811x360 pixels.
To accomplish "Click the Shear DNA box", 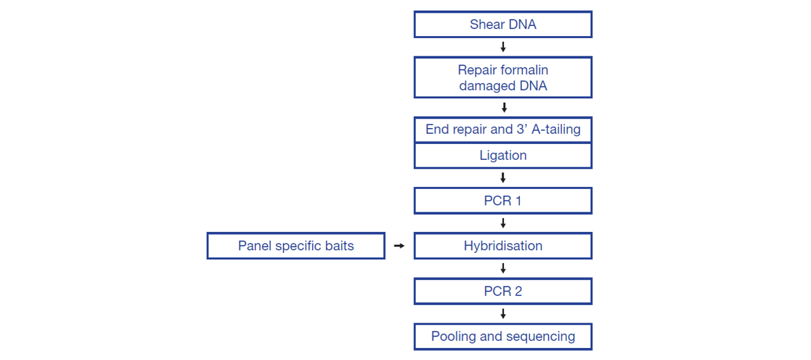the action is point(503,24).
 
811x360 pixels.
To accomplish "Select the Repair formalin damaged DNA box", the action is point(503,77).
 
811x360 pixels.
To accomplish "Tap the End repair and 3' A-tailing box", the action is point(503,129).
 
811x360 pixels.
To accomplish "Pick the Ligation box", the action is point(503,155).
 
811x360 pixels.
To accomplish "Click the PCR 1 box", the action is point(503,200).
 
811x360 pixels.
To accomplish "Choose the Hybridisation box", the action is point(503,246).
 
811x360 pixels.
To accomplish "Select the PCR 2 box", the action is point(503,291).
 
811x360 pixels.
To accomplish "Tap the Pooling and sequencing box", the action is point(503,337).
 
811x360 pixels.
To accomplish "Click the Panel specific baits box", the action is point(295,246).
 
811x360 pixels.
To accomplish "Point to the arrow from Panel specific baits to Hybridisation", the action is point(399,246).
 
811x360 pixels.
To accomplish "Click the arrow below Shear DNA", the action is point(503,47).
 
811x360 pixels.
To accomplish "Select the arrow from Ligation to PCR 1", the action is point(503,177).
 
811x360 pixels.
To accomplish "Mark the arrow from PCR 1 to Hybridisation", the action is point(503,223).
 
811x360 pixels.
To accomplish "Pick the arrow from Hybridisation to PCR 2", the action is point(503,268).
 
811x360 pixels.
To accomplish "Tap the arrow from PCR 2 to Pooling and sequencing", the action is point(503,314).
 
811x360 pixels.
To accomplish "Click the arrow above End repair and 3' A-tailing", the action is point(504,108).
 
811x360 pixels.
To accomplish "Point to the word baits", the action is point(339,246).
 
